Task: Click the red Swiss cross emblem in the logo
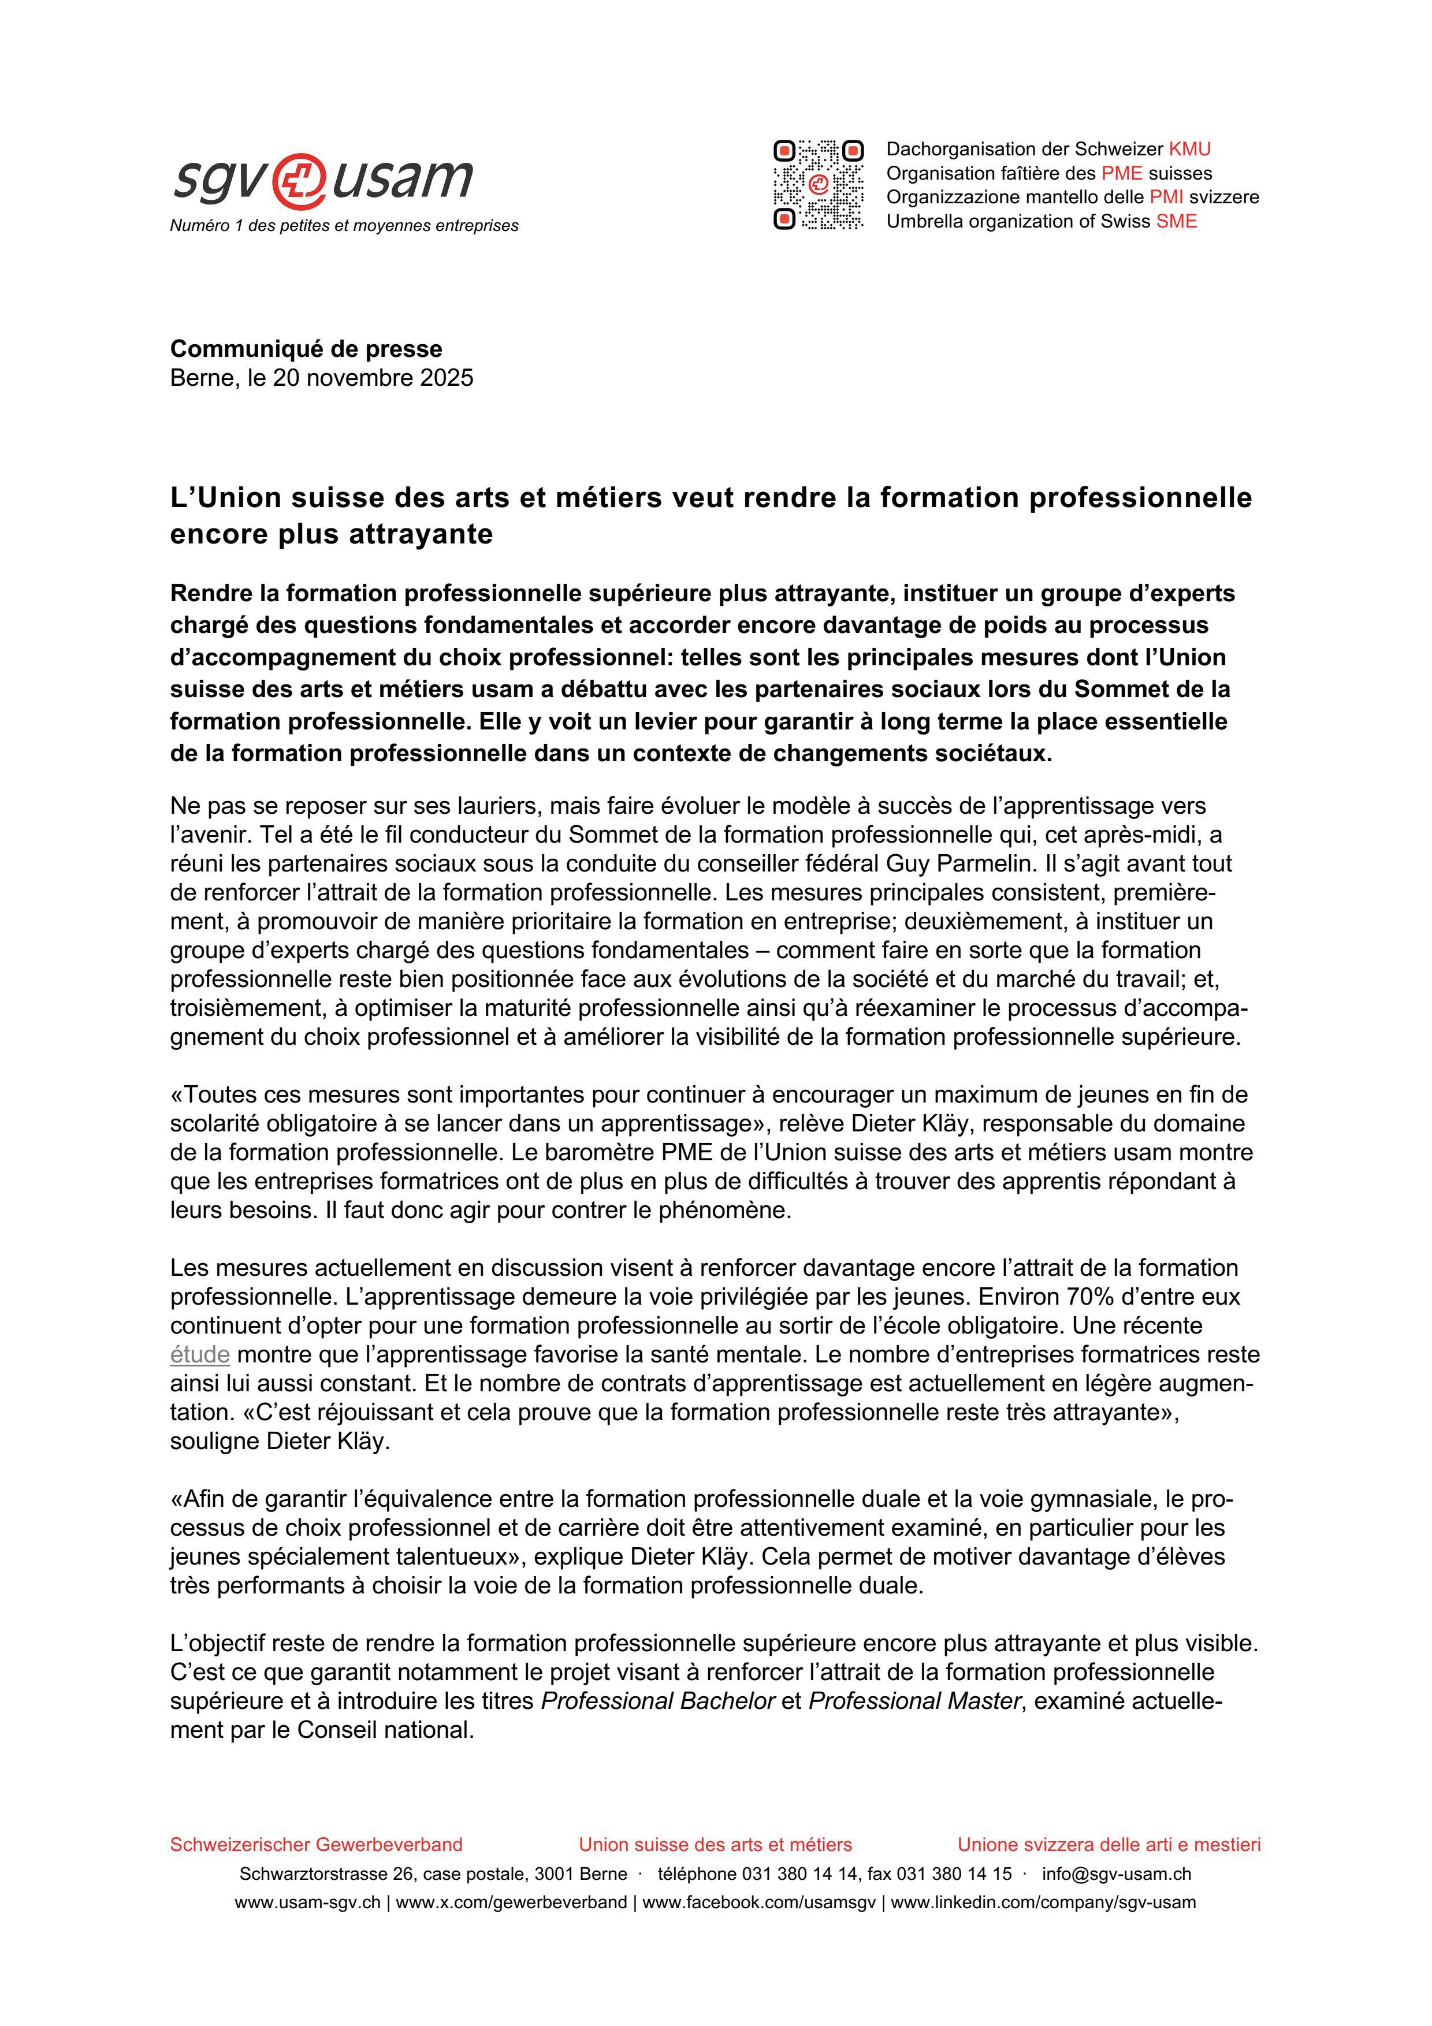point(300,180)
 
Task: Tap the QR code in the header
point(818,184)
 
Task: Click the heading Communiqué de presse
point(306,349)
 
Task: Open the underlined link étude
point(199,1354)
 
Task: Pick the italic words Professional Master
point(914,1701)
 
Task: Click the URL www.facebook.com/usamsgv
point(759,1902)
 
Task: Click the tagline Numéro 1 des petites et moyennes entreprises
point(344,226)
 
